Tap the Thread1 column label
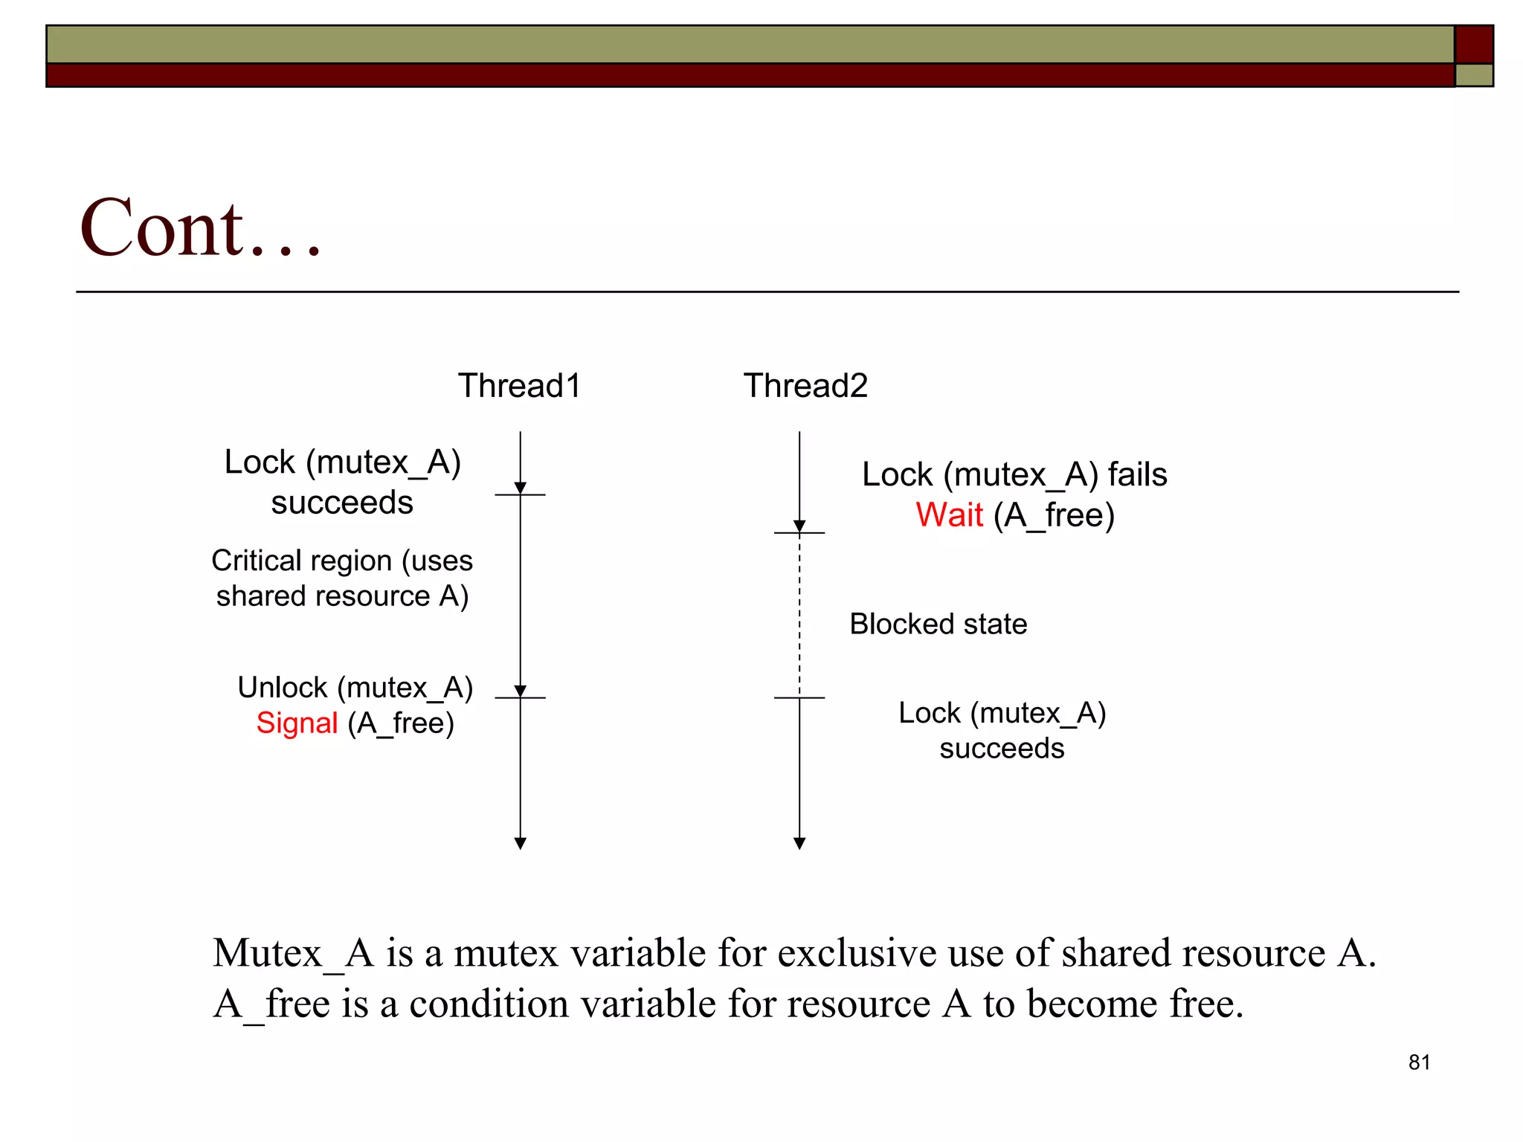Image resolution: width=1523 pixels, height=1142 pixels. point(519,386)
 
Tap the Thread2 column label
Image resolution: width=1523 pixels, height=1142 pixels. point(805,386)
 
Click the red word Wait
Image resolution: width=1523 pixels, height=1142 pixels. point(949,515)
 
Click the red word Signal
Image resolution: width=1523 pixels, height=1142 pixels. point(297,723)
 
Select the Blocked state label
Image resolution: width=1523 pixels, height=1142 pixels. point(938,625)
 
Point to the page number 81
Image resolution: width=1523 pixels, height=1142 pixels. point(1419,1062)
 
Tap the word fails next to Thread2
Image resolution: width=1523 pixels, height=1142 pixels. point(1137,475)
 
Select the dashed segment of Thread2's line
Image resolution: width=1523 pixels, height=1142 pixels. point(799,617)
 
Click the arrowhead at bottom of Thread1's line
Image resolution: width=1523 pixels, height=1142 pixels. point(521,843)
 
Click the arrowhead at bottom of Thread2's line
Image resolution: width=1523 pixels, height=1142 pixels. point(799,843)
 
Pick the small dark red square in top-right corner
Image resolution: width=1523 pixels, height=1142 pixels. point(1474,44)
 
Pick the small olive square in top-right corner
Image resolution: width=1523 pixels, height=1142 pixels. point(1474,75)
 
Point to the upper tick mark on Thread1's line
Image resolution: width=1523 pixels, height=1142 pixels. point(521,494)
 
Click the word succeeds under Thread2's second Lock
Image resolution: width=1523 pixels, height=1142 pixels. point(1002,749)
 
